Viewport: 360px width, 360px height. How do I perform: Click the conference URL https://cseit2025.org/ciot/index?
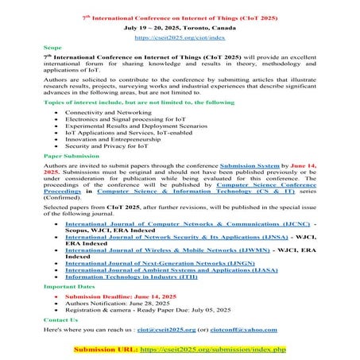180,37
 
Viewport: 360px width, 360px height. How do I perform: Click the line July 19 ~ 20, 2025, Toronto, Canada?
180,26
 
